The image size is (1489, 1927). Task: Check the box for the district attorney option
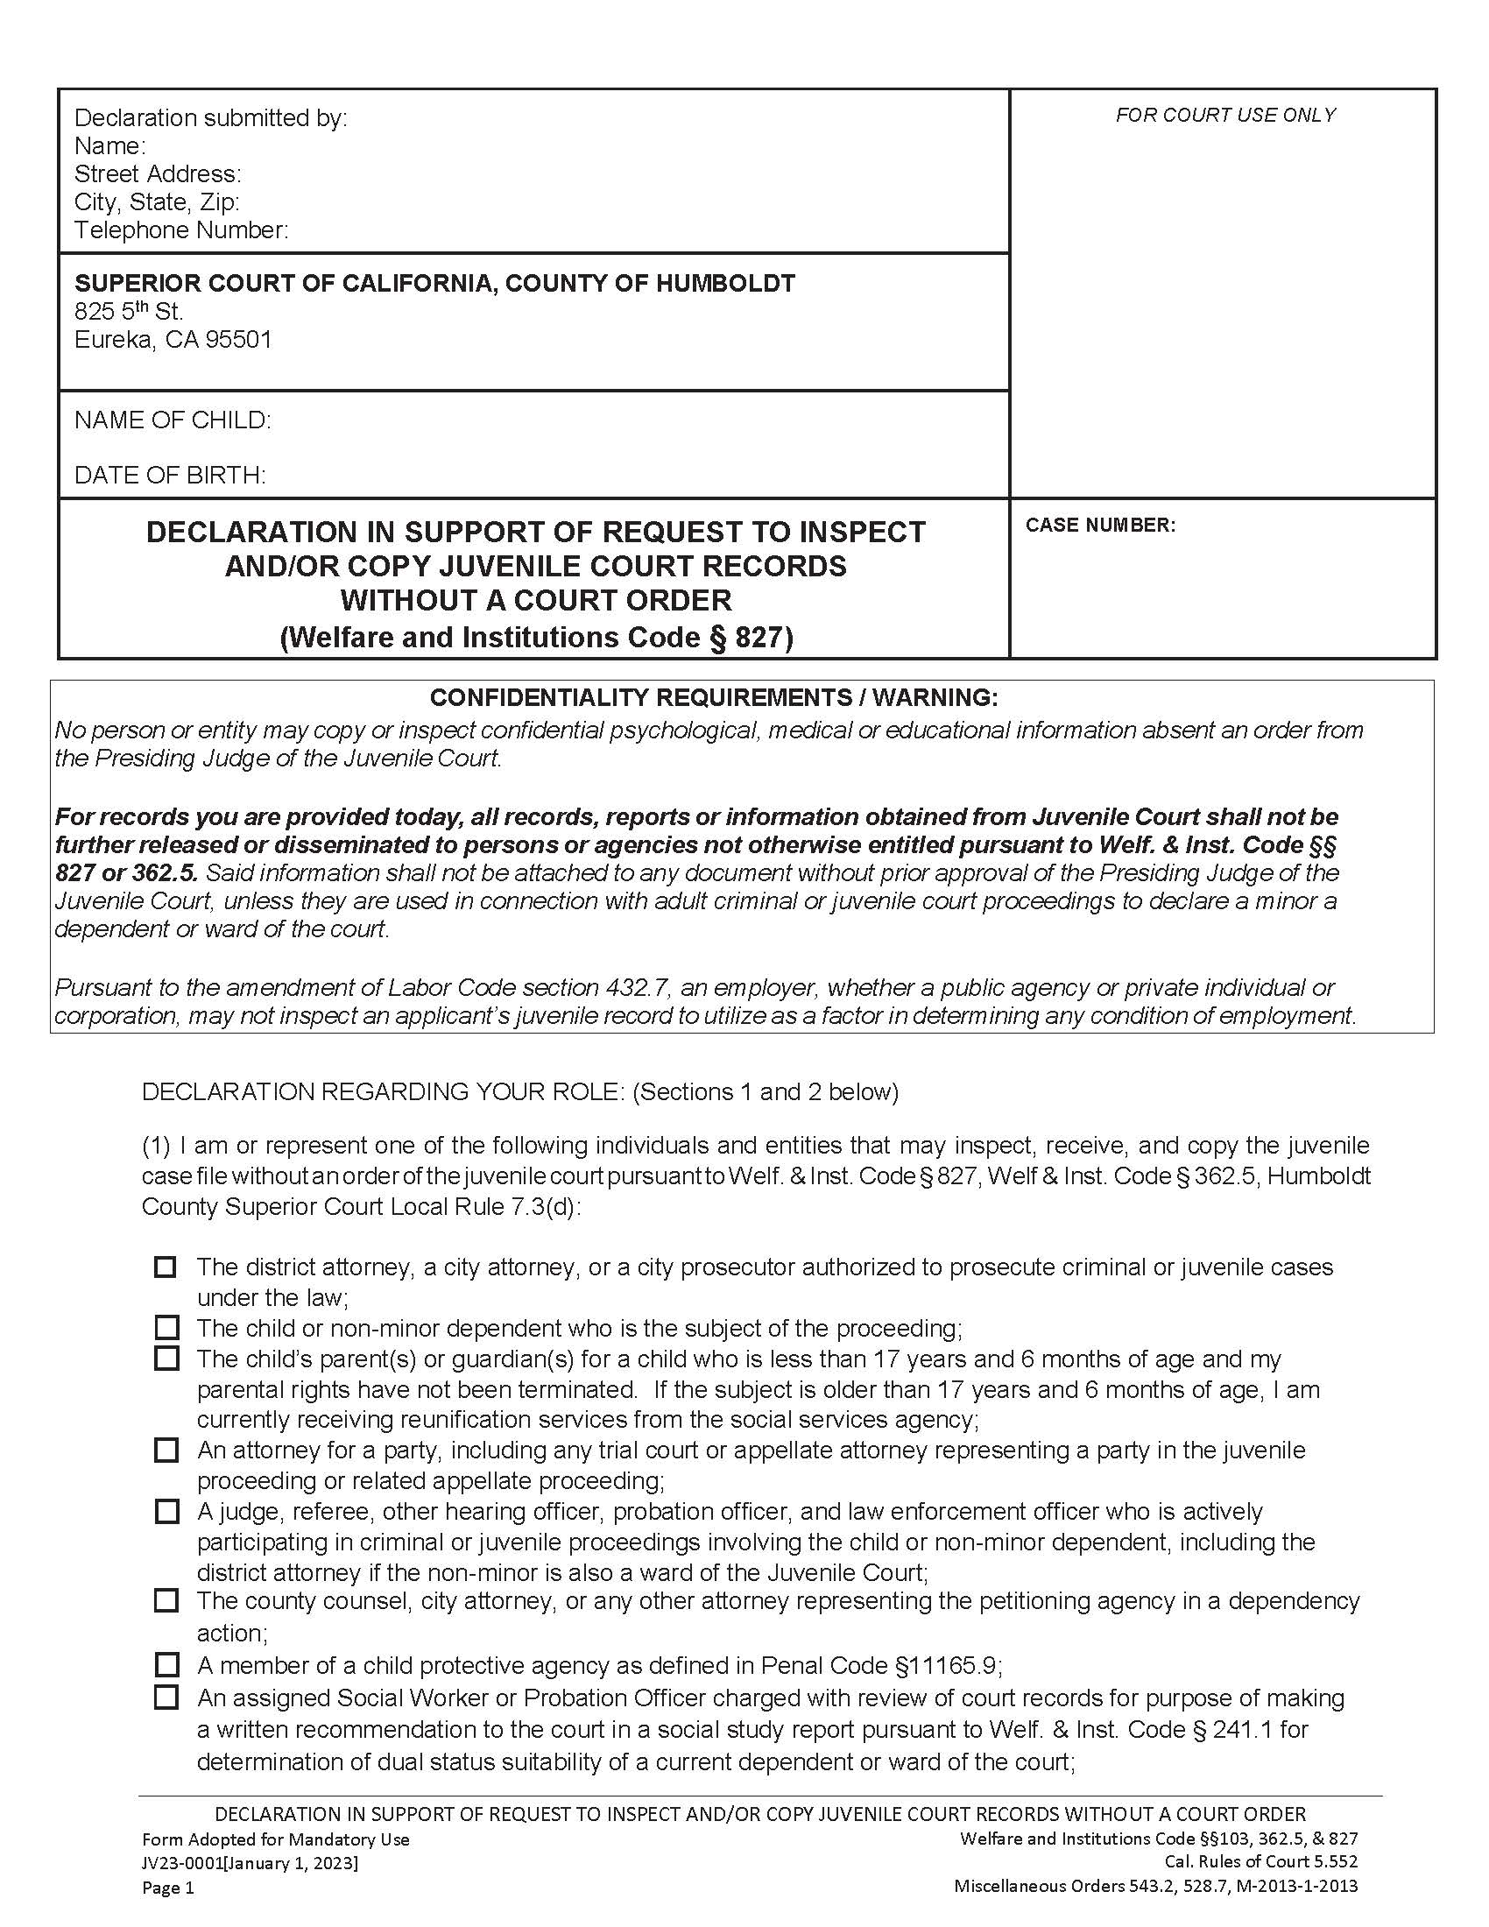coord(165,1267)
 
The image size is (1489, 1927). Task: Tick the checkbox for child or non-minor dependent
coord(166,1327)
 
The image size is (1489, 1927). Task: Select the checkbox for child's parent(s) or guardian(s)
coord(166,1358)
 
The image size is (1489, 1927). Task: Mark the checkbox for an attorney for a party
coord(166,1450)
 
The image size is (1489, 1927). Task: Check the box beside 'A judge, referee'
coord(166,1512)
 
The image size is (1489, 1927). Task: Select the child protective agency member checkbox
coord(166,1665)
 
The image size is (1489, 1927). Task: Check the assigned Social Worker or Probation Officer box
coord(166,1697)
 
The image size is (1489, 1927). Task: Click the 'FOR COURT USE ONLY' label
coord(1225,115)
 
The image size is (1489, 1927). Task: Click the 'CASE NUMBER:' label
coord(1100,525)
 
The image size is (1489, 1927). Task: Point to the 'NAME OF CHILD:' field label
coord(173,420)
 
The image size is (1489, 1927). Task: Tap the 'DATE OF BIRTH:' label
coord(170,476)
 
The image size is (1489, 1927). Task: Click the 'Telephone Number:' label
coord(180,230)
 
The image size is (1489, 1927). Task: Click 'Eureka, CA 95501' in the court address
coord(173,340)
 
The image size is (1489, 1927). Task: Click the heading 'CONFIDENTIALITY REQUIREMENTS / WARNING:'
coord(714,697)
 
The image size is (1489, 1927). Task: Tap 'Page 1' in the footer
coord(167,1888)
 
